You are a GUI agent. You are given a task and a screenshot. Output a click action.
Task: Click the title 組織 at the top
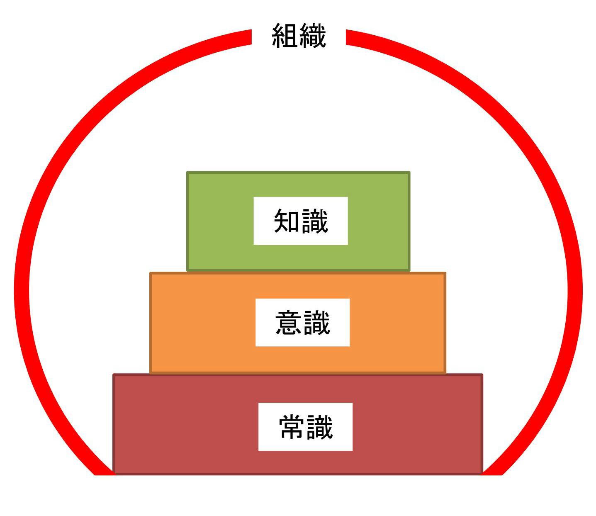299,36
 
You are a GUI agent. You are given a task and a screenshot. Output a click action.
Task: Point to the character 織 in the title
313,36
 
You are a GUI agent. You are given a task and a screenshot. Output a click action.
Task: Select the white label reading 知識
300,221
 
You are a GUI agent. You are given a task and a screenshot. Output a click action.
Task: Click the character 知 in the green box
286,221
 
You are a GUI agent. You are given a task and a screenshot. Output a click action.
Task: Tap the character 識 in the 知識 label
315,221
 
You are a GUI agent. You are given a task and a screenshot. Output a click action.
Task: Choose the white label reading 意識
302,322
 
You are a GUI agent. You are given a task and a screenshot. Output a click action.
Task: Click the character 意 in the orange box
288,322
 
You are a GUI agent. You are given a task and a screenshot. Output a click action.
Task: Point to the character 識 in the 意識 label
317,322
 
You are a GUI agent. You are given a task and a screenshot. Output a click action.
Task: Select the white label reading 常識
305,427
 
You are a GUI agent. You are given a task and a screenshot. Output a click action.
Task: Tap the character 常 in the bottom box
292,427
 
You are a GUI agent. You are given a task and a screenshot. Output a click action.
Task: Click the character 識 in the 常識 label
320,427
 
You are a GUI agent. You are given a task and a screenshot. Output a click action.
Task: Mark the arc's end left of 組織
251,37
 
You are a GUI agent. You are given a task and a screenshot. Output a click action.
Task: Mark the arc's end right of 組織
346,37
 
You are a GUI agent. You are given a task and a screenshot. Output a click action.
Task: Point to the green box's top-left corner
187,172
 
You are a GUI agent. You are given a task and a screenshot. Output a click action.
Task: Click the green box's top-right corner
410,172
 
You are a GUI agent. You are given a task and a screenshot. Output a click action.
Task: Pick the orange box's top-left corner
150,273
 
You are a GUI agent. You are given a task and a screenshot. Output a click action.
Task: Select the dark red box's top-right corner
482,375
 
